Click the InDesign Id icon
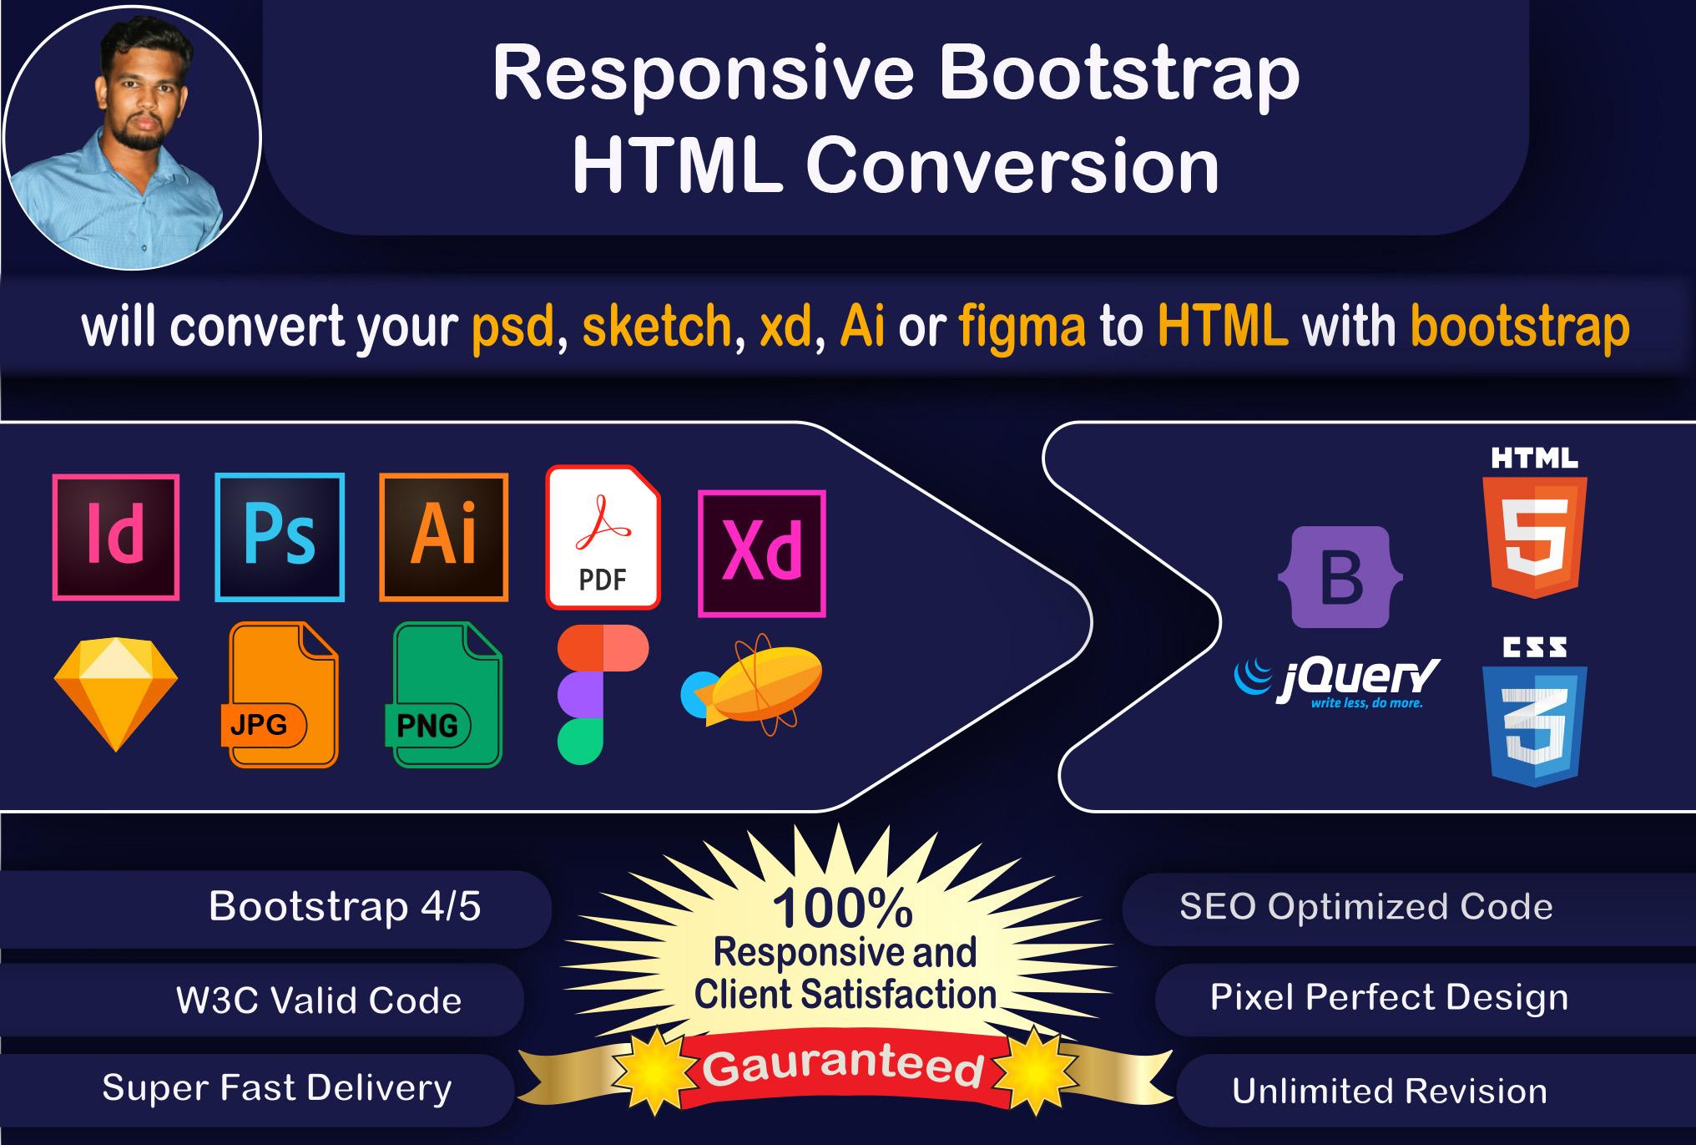pos(116,537)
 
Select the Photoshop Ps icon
pos(280,537)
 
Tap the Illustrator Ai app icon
pos(443,537)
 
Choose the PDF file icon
pos(603,537)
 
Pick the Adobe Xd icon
pos(761,553)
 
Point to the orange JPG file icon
pos(282,695)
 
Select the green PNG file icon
pos(447,695)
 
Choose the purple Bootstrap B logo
pos(1340,577)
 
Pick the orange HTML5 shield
pos(1534,535)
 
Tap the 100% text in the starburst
pos(843,908)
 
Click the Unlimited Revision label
pos(1390,1092)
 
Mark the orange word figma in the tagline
pos(1022,327)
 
